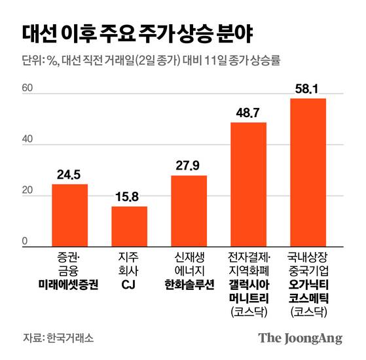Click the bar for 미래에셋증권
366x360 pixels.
[69, 215]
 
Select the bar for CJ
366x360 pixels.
[129, 226]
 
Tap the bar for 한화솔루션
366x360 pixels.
[189, 210]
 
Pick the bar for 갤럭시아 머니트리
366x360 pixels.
[248, 184]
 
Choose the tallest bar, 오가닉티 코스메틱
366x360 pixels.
[308, 172]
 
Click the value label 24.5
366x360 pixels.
[69, 175]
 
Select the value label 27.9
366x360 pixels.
[189, 166]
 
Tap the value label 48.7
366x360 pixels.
[248, 113]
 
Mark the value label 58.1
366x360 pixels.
[308, 88]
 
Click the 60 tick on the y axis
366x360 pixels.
[27, 88]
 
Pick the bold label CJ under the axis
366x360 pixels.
[129, 285]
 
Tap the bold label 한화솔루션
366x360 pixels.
[189, 285]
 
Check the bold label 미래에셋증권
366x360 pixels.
[69, 285]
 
